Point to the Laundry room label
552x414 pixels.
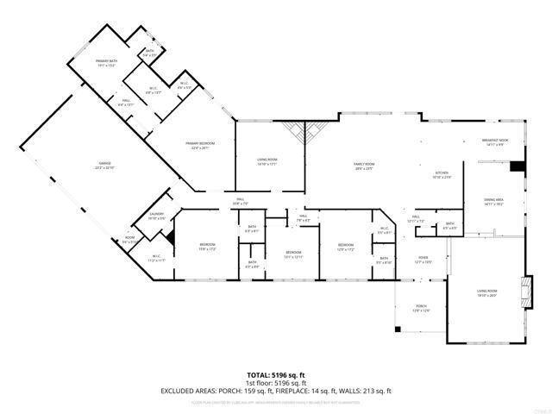[x=156, y=216]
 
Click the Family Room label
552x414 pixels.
[x=364, y=166]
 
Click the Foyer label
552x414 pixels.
[x=423, y=259]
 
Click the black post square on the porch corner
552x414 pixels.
[x=397, y=329]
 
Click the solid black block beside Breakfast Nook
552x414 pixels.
[x=517, y=166]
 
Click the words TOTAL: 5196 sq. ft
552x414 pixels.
[x=276, y=375]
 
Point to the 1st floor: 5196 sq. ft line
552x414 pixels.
[x=276, y=383]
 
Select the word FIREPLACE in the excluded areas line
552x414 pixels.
[x=311, y=391]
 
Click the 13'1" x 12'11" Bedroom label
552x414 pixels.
[x=293, y=254]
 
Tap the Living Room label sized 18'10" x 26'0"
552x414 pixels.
[x=487, y=293]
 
